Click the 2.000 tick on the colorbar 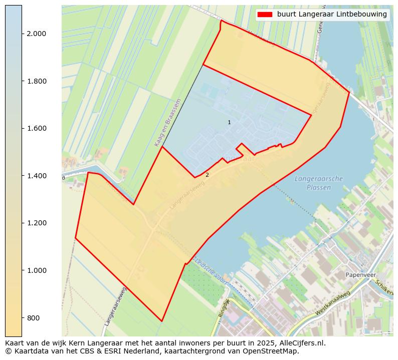pyautogui.click(x=36, y=34)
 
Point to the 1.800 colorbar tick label pyautogui.click(x=36, y=81)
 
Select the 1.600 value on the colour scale pyautogui.click(x=36, y=128)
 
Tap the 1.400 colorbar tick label pyautogui.click(x=36, y=176)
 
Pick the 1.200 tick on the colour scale pyautogui.click(x=36, y=223)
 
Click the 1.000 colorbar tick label pyautogui.click(x=36, y=270)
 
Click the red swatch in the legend pyautogui.click(x=264, y=15)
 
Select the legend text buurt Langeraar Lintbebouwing pyautogui.click(x=332, y=15)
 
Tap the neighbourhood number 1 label pyautogui.click(x=229, y=122)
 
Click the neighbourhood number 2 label pyautogui.click(x=207, y=175)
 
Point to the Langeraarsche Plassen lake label pyautogui.click(x=319, y=183)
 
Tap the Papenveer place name pyautogui.click(x=360, y=275)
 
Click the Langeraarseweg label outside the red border pyautogui.click(x=116, y=306)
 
